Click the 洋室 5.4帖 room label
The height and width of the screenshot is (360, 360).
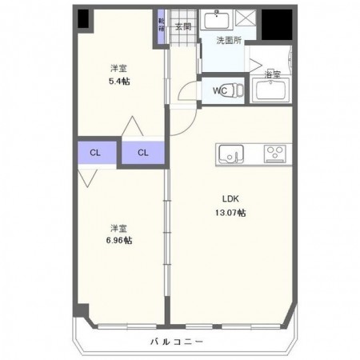[118, 75]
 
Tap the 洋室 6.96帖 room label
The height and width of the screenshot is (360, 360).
[118, 233]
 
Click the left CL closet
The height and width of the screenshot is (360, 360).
[95, 152]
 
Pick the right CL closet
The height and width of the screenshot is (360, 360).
[142, 152]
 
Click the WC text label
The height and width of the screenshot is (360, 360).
[219, 91]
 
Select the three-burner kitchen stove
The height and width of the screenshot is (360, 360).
[277, 152]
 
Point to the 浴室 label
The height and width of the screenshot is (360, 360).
[273, 74]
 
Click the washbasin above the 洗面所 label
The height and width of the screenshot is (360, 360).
[216, 21]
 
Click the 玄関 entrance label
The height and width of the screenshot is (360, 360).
[183, 27]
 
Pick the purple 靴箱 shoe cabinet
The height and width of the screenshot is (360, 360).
[162, 23]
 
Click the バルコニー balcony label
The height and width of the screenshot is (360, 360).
[177, 342]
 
